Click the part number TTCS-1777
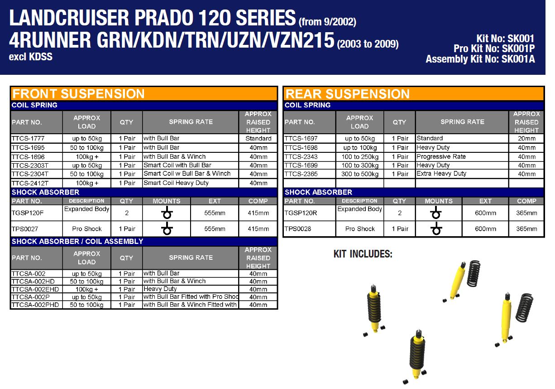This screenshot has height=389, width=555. [x=28, y=138]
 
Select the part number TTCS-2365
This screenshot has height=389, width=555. [x=301, y=174]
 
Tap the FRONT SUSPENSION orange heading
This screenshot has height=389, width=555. [x=78, y=94]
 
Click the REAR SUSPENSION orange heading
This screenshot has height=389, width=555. [x=348, y=94]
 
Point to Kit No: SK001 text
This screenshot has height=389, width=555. [x=505, y=39]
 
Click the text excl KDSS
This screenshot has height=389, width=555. [x=31, y=57]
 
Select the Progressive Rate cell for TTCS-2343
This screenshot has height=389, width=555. [x=441, y=156]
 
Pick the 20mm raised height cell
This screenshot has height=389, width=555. [x=526, y=138]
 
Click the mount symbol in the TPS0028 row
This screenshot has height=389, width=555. [x=436, y=229]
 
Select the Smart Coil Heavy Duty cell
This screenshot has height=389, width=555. [x=176, y=183]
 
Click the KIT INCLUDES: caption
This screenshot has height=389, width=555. [x=363, y=254]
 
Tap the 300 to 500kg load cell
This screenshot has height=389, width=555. [x=359, y=174]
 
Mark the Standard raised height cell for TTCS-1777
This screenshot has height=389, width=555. [x=258, y=138]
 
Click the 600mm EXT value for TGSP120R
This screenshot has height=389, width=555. [x=485, y=213]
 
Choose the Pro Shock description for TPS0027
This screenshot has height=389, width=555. [x=86, y=229]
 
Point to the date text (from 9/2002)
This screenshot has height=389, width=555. [x=327, y=21]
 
